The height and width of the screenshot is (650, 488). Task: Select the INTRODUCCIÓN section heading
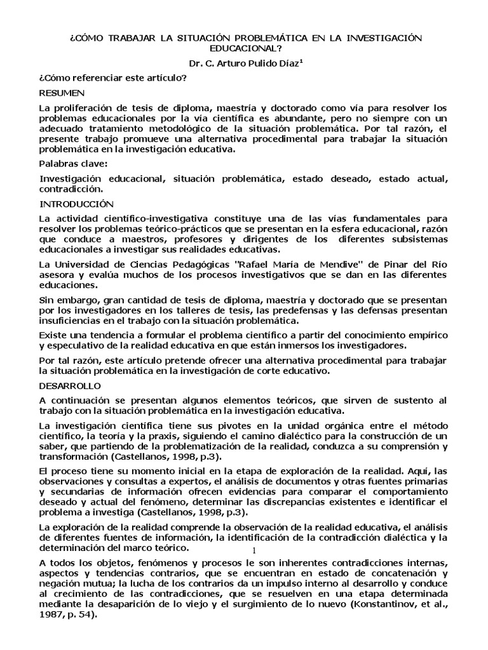(76, 204)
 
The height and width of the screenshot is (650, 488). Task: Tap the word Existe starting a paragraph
(53, 334)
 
